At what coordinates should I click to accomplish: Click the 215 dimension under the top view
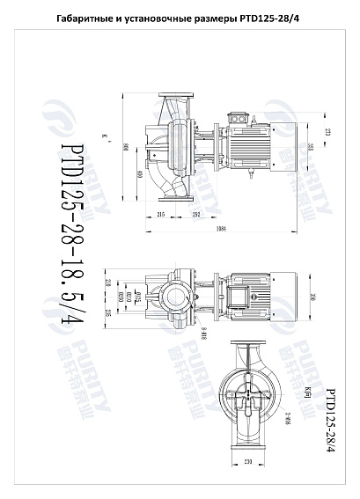161,214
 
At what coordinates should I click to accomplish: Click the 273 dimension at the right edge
327,131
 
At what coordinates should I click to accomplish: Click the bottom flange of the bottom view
250,451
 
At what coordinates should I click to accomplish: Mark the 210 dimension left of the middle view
108,282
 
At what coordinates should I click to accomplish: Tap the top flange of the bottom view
250,341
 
